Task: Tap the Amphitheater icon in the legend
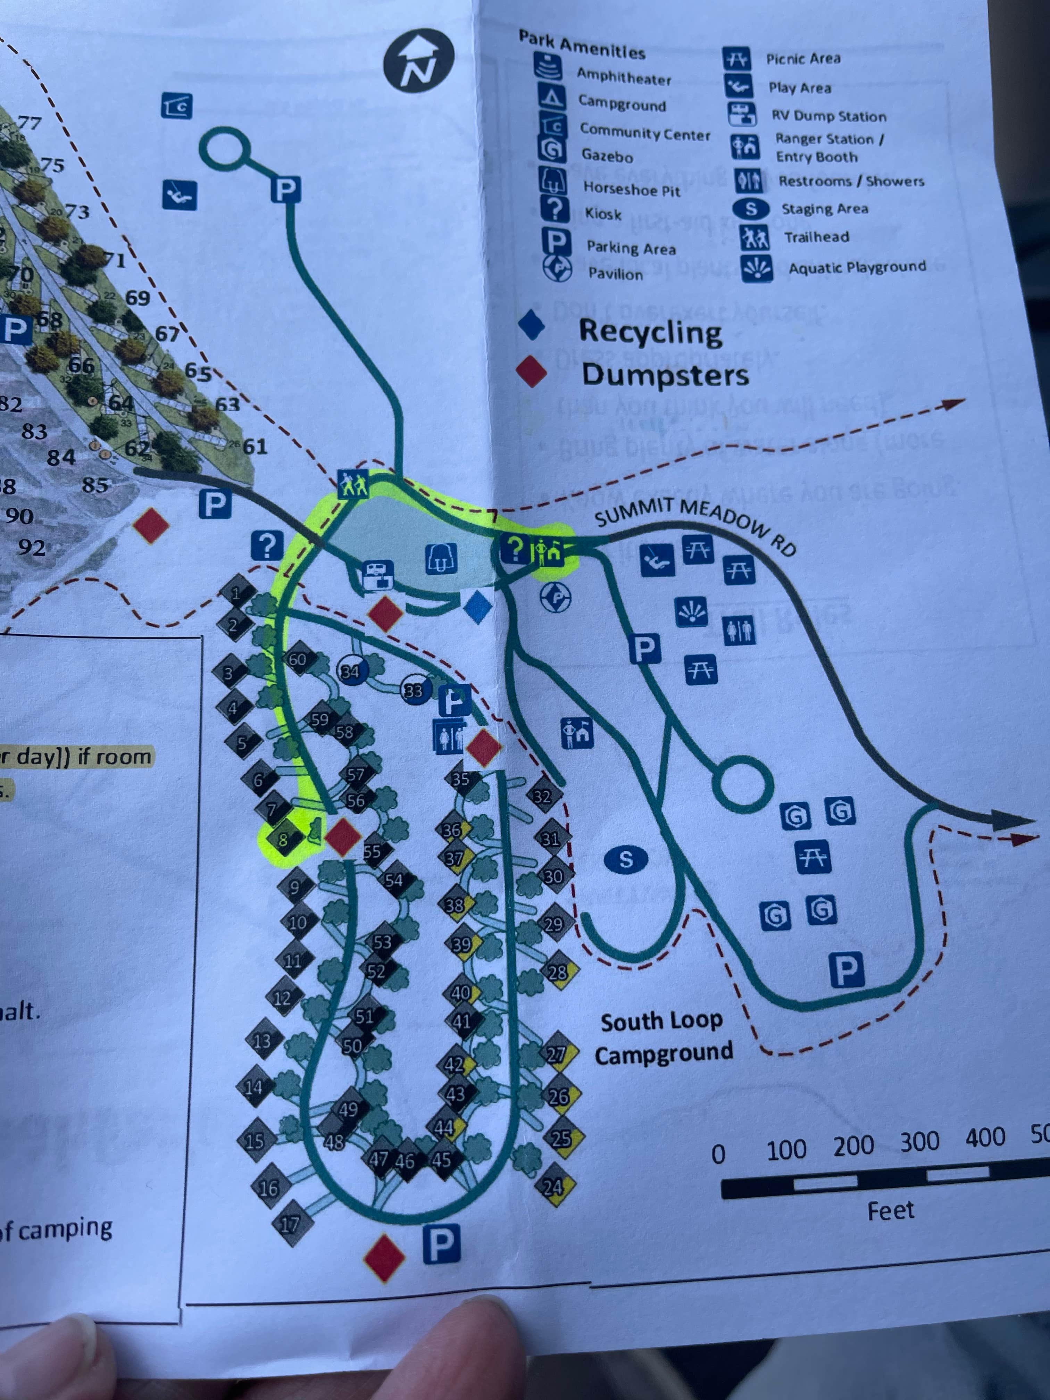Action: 549,66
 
